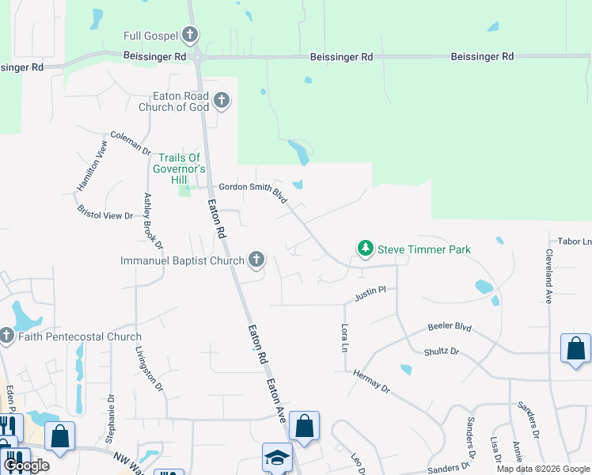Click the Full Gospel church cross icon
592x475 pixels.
tap(189, 35)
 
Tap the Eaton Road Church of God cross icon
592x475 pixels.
tap(222, 101)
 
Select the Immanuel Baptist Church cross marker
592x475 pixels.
tap(256, 259)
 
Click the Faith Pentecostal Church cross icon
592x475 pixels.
tap(6, 336)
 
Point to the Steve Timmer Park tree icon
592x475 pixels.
tap(365, 249)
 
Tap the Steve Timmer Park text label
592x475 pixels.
tap(423, 250)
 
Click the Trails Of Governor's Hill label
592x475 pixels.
tap(182, 169)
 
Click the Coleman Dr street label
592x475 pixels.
tap(131, 142)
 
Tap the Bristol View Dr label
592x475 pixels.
tap(104, 212)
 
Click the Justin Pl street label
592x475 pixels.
tap(370, 293)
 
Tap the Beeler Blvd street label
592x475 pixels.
tap(450, 326)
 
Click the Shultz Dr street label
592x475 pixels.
tap(442, 351)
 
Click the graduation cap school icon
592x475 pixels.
tap(278, 458)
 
